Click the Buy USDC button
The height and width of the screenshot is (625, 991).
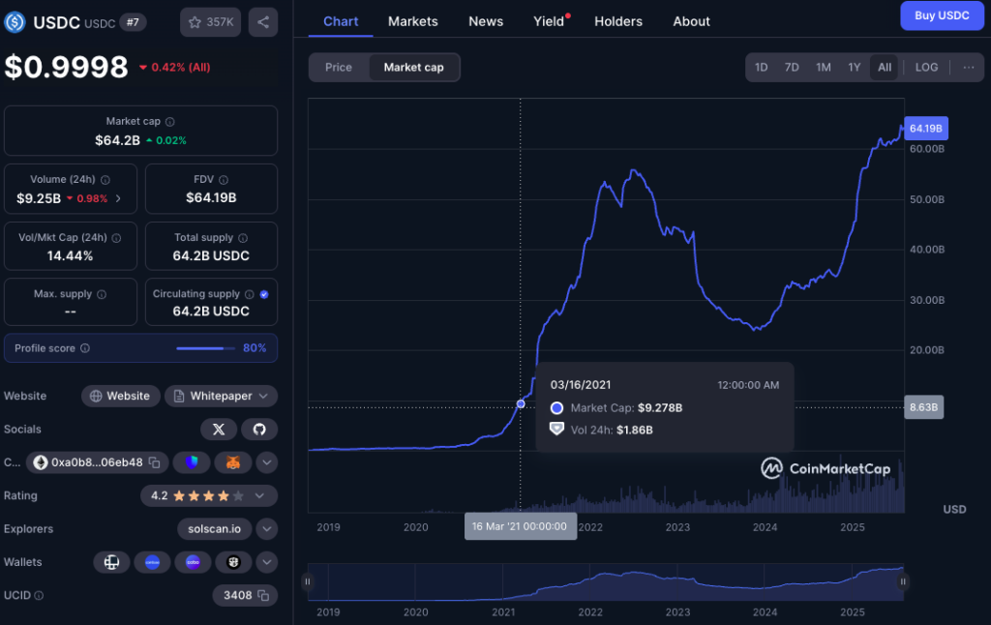tap(941, 15)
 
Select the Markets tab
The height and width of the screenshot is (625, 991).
tap(412, 21)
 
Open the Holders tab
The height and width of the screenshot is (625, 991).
tap(617, 21)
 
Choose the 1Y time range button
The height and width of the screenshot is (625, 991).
tap(854, 67)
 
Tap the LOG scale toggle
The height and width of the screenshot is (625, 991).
tap(926, 67)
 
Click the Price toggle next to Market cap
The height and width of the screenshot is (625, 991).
tap(339, 67)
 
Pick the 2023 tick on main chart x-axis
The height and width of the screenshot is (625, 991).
tap(677, 527)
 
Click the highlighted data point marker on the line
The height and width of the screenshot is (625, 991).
tap(521, 403)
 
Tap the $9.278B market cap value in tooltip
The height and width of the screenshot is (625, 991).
tap(659, 408)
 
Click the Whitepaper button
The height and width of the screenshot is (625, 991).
tap(221, 396)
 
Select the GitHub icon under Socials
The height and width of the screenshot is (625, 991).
tap(258, 429)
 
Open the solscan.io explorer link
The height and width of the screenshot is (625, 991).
tap(215, 529)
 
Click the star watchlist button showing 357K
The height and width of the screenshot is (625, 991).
tap(210, 21)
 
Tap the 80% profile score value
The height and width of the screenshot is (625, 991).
tap(255, 348)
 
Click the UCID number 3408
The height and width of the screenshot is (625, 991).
tap(238, 595)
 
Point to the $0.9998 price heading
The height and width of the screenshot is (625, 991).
tap(66, 67)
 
